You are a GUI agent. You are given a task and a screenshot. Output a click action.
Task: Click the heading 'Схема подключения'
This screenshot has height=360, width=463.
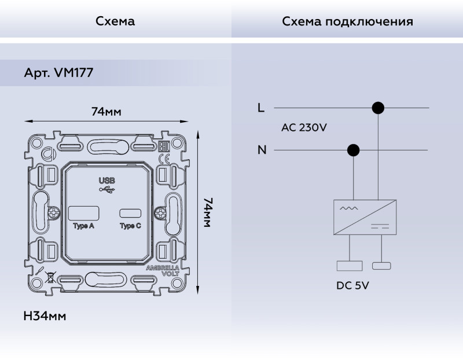pyautogui.click(x=347, y=21)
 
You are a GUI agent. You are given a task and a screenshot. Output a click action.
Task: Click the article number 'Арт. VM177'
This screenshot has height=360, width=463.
pyautogui.click(x=58, y=74)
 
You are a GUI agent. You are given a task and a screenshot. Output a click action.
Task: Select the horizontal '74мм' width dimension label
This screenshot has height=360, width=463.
pyautogui.click(x=106, y=111)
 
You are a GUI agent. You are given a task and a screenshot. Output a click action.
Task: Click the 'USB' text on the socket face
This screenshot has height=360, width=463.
pyautogui.click(x=107, y=180)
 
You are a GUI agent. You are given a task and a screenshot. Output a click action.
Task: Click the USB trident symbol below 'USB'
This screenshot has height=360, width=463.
pyautogui.click(x=107, y=189)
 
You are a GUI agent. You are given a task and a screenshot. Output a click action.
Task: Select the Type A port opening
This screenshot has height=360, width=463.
pyautogui.click(x=84, y=212)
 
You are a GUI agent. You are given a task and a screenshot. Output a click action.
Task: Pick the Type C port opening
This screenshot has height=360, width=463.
pyautogui.click(x=130, y=212)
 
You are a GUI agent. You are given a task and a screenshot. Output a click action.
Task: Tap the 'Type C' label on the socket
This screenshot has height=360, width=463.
pyautogui.click(x=130, y=226)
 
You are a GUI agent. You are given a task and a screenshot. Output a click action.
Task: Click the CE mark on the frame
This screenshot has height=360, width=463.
pyautogui.click(x=164, y=159)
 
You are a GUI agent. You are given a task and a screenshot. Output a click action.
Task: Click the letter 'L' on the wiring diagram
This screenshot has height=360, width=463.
pyautogui.click(x=261, y=108)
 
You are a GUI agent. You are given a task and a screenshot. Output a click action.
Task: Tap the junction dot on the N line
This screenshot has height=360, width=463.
pyautogui.click(x=352, y=150)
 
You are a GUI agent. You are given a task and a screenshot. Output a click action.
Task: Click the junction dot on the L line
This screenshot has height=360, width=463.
pyautogui.click(x=378, y=108)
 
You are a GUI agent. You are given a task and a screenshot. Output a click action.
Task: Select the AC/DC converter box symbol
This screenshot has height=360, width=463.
pyautogui.click(x=365, y=216)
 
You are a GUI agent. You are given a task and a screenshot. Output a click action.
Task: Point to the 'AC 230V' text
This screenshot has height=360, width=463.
pyautogui.click(x=304, y=128)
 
